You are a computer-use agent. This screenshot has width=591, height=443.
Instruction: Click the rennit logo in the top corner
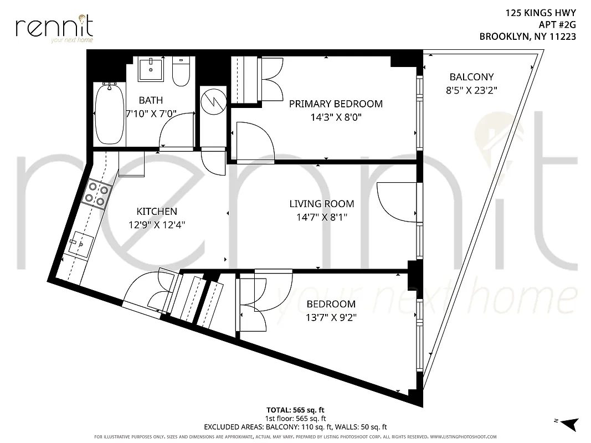pos(54,28)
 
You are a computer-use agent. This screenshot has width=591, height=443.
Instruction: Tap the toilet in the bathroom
pos(181,71)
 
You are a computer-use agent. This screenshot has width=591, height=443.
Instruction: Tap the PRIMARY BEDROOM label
pos(336,104)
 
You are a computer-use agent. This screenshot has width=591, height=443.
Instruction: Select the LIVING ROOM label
pos(322,204)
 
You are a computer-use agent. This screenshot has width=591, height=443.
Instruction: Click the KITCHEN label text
pos(157,211)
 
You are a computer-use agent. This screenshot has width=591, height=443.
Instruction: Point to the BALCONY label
pos(471,77)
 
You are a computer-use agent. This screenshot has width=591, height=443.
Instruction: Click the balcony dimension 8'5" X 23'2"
pos(471,91)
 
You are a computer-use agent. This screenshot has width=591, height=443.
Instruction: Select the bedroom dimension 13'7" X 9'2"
pos(331,318)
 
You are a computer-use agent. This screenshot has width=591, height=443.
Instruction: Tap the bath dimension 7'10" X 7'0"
pos(151,114)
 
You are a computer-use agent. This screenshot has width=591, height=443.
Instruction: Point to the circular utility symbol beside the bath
pos(213,101)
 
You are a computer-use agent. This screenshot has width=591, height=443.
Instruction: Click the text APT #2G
pos(557,24)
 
